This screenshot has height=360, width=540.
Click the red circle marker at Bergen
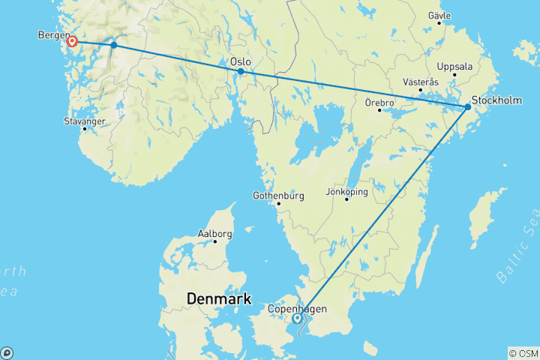[x=72, y=41]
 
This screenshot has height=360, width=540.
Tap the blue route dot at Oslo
[x=241, y=71]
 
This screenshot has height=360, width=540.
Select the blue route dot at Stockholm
[x=468, y=107]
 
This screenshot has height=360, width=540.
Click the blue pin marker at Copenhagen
[x=298, y=318]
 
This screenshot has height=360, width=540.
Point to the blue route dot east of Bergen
[x=114, y=45]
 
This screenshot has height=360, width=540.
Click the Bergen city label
[x=52, y=35]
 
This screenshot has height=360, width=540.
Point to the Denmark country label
[x=218, y=299]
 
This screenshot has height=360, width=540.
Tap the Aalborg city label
[x=214, y=233]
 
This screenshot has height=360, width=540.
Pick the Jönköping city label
[x=347, y=191]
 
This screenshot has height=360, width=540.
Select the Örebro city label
[x=379, y=101]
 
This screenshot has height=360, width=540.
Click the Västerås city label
[x=420, y=82]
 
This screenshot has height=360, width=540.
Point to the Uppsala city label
[x=454, y=66]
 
